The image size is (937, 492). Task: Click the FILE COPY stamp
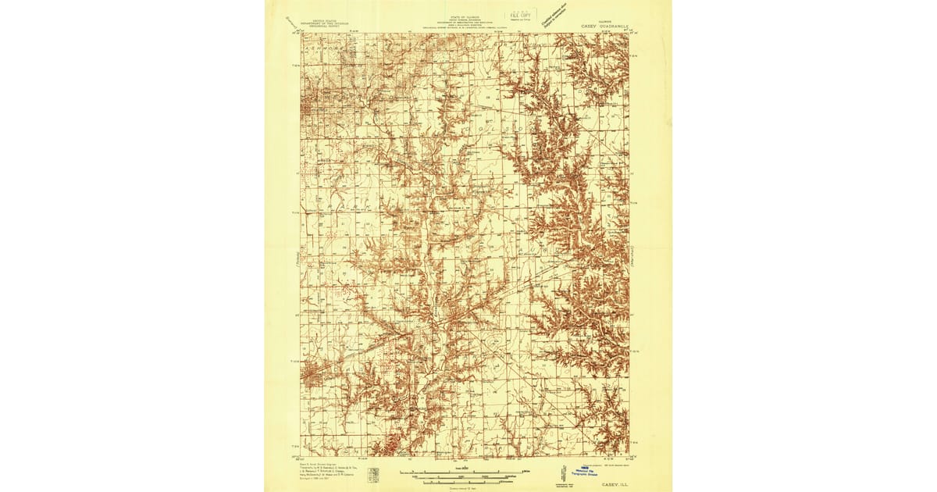(515, 15)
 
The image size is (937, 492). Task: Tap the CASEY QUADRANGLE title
(606, 26)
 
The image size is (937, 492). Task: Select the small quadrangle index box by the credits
(374, 475)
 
